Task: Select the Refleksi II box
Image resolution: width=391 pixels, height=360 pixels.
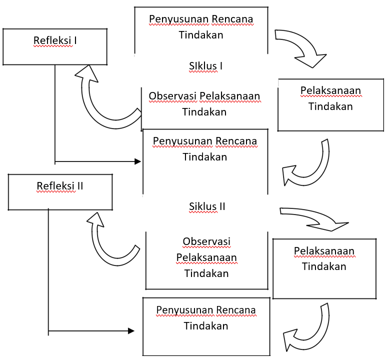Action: click(60, 192)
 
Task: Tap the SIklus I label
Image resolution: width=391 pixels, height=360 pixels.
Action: click(205, 65)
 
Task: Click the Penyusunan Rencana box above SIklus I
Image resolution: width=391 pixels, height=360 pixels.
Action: click(201, 27)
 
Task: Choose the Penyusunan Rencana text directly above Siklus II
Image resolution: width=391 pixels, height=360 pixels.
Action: click(205, 141)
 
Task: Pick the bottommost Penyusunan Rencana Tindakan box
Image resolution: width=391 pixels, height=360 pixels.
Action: click(206, 325)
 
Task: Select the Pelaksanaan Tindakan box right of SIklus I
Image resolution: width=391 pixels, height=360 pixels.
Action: click(330, 105)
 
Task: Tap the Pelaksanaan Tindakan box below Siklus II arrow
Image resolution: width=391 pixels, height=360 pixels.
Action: click(324, 267)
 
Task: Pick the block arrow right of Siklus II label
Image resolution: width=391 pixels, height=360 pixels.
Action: click(315, 218)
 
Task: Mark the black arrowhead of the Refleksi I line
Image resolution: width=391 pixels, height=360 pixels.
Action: click(138, 161)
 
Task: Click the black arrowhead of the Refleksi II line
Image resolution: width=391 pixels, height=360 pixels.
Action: click(131, 330)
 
